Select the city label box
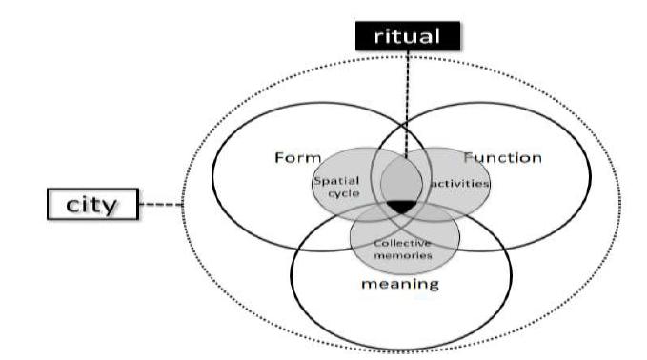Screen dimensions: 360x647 (92, 203)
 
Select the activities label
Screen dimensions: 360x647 (460, 181)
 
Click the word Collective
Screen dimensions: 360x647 (404, 242)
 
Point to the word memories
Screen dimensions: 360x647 (404, 254)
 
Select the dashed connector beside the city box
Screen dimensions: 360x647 (160, 203)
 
